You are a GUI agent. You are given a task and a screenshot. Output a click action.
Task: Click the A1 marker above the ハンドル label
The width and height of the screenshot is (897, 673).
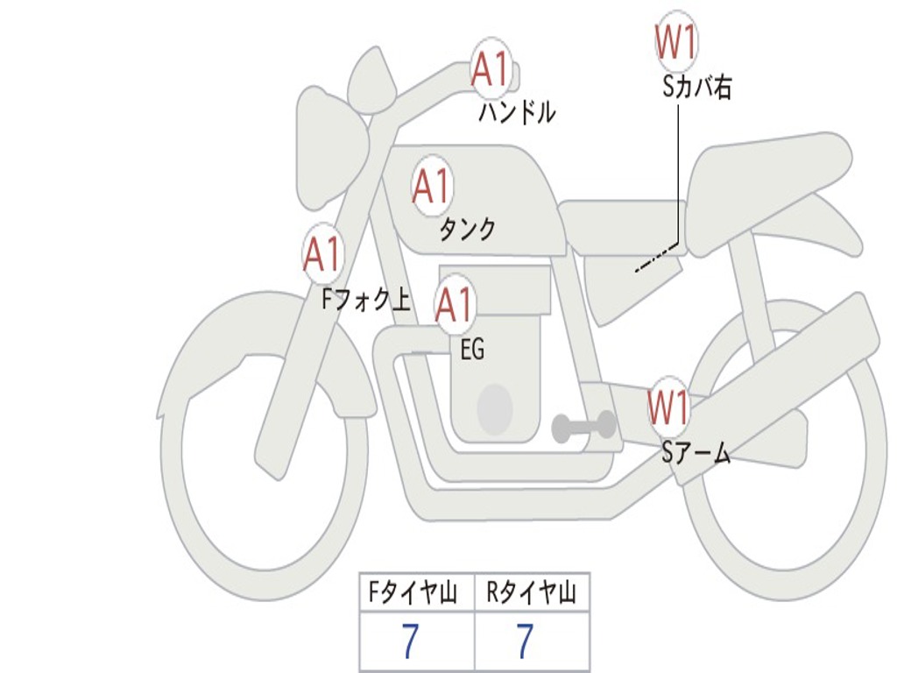click(491, 69)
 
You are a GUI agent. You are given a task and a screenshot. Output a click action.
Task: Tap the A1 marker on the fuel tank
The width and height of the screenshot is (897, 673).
click(431, 186)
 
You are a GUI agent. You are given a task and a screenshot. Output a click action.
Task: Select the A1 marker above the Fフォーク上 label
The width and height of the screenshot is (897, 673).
click(322, 254)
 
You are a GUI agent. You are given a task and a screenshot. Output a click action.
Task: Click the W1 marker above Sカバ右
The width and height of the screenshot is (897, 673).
click(676, 43)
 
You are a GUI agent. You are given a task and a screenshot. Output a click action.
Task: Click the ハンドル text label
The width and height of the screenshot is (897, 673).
click(517, 112)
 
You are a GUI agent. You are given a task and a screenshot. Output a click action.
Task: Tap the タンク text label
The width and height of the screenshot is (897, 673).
click(467, 230)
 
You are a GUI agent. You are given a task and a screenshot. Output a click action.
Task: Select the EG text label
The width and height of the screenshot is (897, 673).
click(472, 350)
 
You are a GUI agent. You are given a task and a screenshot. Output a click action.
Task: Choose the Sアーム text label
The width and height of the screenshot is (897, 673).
click(696, 452)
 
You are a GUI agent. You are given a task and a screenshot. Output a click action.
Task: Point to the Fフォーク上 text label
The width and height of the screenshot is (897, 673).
click(365, 301)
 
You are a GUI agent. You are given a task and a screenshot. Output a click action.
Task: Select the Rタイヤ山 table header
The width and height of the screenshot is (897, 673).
click(532, 594)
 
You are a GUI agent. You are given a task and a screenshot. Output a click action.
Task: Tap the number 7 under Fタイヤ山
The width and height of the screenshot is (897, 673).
click(409, 641)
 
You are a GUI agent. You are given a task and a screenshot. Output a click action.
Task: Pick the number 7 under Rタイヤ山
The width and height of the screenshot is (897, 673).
click(524, 641)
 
